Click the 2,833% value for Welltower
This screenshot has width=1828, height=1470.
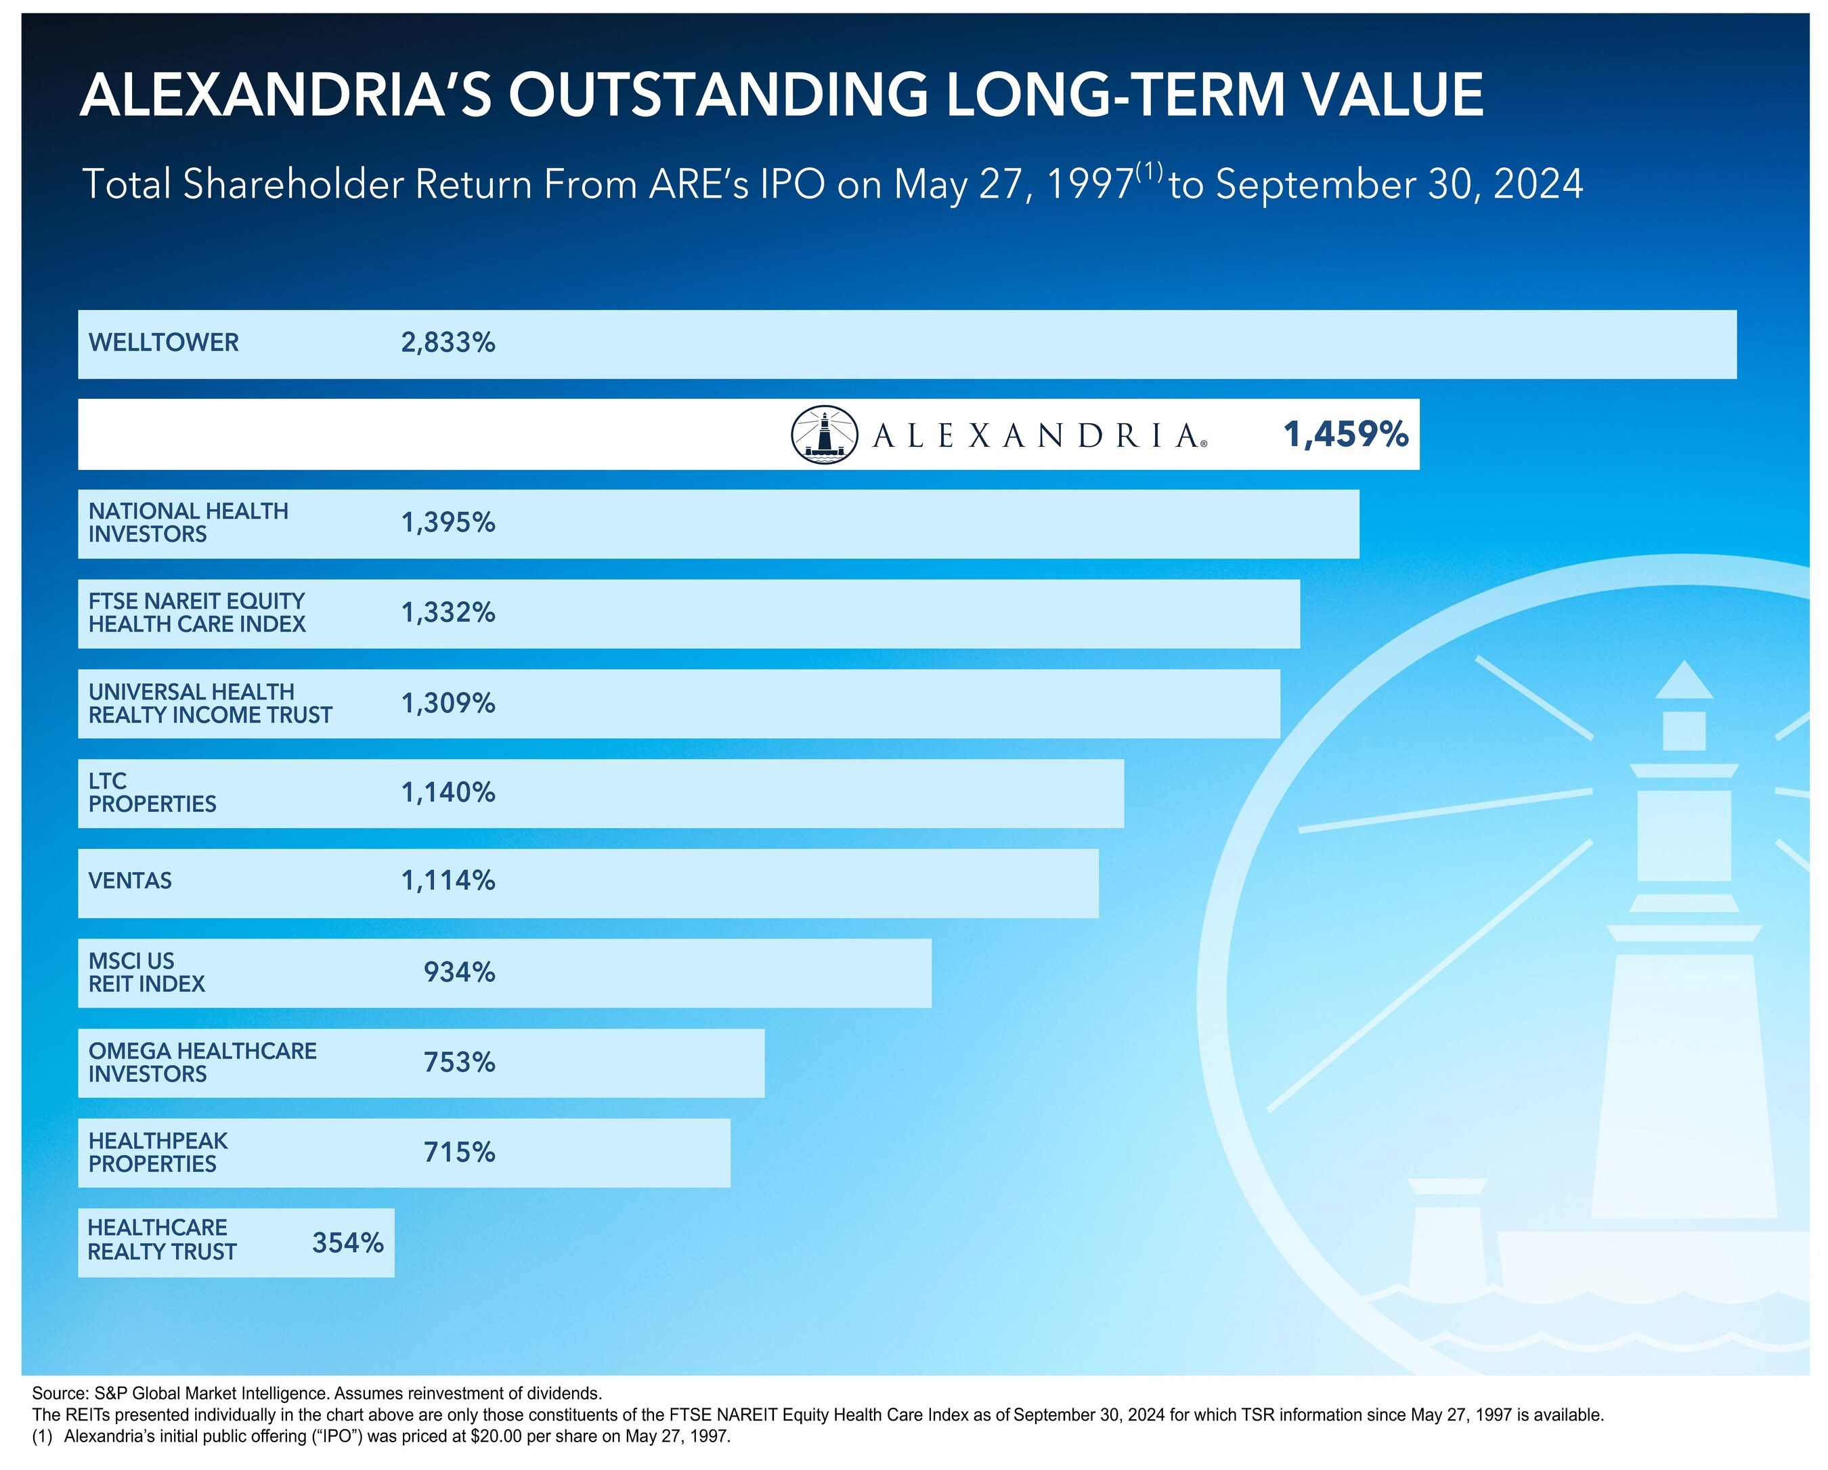[448, 343]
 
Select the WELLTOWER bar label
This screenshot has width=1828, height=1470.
[164, 343]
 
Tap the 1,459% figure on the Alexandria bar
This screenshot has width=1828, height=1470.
[1345, 435]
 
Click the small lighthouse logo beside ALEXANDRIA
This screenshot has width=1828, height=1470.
[824, 435]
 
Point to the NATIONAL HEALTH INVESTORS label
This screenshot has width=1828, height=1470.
[188, 523]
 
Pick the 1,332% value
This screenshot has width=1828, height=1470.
[448, 613]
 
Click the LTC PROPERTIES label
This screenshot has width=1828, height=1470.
[152, 793]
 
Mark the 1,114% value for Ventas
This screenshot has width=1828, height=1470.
[448, 882]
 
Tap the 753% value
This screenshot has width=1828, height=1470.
[460, 1063]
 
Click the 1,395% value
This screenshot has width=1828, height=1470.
[448, 523]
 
